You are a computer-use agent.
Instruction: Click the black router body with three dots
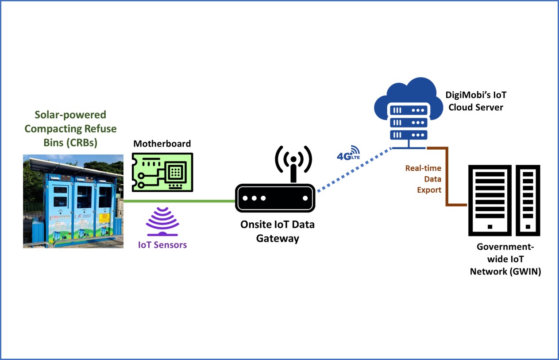point(275,198)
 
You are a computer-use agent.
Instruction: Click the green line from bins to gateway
point(179,201)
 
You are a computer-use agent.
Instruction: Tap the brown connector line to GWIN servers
point(447,177)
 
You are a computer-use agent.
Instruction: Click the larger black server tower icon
point(490,200)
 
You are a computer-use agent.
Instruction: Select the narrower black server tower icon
point(528,200)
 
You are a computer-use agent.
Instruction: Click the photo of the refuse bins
point(73,201)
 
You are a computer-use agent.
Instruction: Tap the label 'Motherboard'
point(162,143)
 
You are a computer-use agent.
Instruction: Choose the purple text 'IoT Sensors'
point(162,244)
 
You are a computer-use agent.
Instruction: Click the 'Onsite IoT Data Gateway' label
point(278,231)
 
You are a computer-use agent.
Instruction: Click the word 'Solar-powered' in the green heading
point(70,115)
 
